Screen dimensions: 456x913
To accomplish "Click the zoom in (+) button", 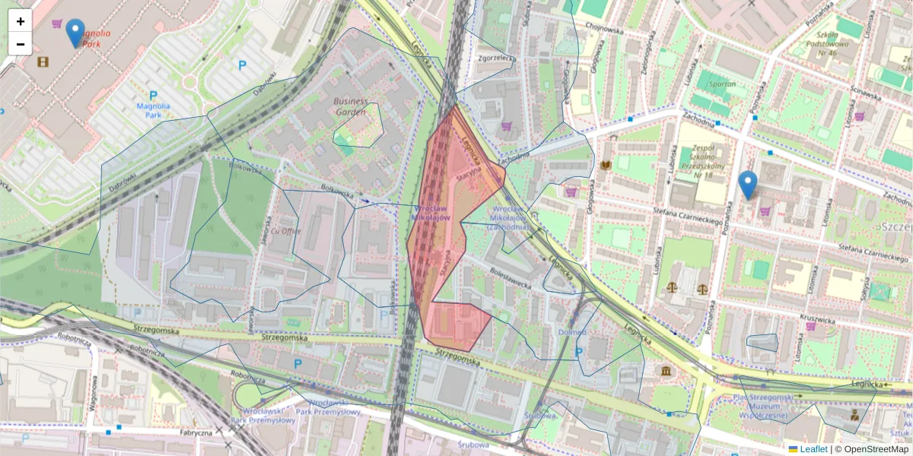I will point(21,21).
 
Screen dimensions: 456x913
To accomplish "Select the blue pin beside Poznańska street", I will point(748,185).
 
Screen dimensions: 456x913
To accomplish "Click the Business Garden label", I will point(355,106).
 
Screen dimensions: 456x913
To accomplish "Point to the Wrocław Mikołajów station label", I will point(431,213).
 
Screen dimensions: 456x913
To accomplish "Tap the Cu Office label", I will point(286,231).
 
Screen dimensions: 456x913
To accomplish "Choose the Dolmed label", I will point(572,332).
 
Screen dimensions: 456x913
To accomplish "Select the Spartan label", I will point(721,84).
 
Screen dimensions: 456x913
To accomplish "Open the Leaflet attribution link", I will point(813,449).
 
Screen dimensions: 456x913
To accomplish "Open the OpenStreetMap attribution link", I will point(876,449).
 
